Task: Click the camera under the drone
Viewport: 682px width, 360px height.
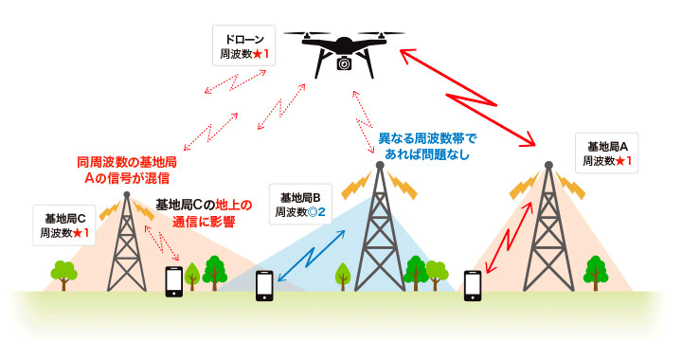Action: [x=344, y=63]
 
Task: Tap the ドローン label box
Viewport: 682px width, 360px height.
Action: [x=243, y=45]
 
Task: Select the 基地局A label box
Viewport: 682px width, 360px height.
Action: [x=606, y=153]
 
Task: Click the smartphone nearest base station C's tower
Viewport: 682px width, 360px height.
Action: [x=174, y=281]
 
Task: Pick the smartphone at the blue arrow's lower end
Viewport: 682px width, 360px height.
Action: [x=266, y=286]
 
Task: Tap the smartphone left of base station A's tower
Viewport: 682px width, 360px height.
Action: [x=473, y=283]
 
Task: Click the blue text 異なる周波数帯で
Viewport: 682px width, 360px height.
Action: [x=428, y=138]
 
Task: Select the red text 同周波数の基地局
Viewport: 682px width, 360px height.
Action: [x=127, y=162]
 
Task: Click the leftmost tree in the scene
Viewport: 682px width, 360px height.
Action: [x=63, y=273]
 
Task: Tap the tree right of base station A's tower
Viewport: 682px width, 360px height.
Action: [x=595, y=270]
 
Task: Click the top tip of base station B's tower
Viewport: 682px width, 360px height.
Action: [x=379, y=164]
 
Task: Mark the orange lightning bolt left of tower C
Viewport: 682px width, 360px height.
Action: [x=110, y=207]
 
